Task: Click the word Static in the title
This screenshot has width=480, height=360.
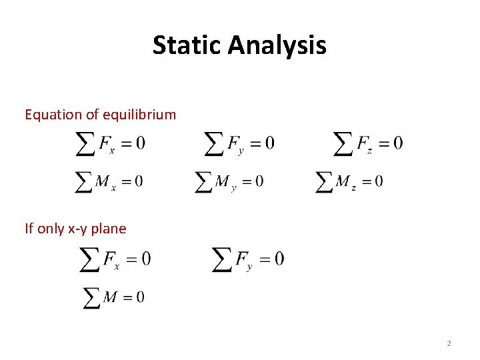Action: tap(187, 45)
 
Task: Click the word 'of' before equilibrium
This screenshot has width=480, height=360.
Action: tap(91, 115)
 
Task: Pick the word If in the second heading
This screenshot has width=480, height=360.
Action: tap(29, 229)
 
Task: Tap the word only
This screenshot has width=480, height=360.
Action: tap(51, 229)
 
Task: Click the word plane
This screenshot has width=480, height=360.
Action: tap(109, 229)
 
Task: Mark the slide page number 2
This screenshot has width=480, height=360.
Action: tap(449, 343)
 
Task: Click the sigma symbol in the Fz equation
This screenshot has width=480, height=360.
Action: tap(342, 144)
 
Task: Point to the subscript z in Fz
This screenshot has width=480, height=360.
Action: tap(369, 150)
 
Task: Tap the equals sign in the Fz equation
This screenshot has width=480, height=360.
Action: tap(383, 143)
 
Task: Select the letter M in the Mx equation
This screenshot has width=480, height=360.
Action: tap(102, 181)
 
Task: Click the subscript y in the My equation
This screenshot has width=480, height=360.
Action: tap(234, 188)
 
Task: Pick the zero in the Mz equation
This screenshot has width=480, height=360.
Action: tap(379, 181)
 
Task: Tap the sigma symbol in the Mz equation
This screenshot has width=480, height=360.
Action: tap(324, 181)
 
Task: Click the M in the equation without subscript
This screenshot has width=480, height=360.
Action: tap(111, 297)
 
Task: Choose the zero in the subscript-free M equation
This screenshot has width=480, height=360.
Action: tap(139, 297)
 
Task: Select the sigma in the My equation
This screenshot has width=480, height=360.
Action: tap(203, 181)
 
